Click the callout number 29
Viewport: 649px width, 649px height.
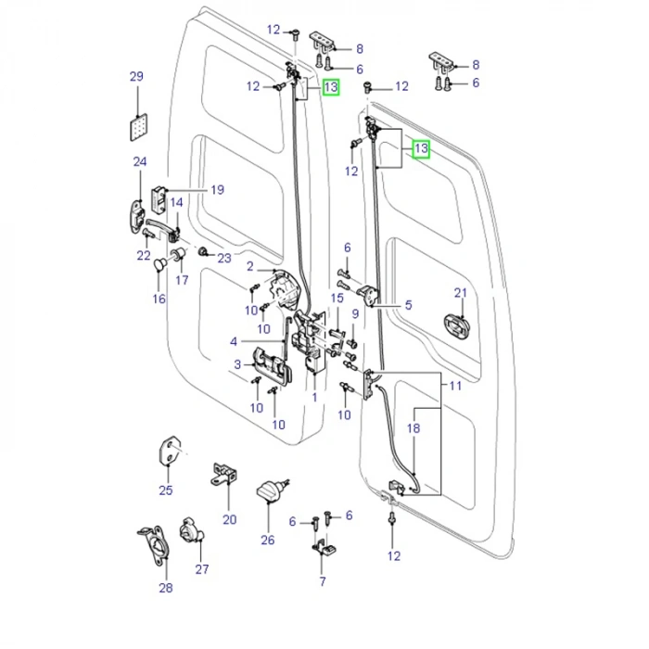[x=136, y=76]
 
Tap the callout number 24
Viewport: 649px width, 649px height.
[x=140, y=162]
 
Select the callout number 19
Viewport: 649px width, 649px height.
[x=217, y=191]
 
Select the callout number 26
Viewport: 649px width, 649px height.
[x=268, y=541]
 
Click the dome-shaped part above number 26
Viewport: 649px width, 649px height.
[x=269, y=492]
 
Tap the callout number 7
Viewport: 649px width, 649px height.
[x=323, y=582]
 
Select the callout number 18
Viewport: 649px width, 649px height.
[x=414, y=429]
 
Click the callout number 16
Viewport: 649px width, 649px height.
[x=159, y=299]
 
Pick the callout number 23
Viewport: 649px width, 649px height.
[x=224, y=259]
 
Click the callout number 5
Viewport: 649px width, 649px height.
[x=408, y=304]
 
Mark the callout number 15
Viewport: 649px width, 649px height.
[x=337, y=298]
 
